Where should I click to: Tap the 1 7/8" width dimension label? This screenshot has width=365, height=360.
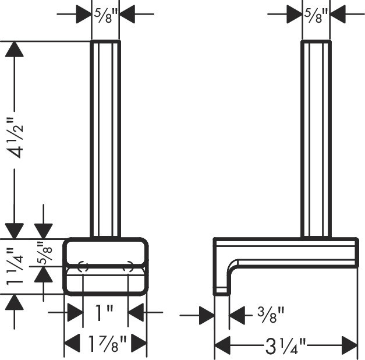coord(105,344)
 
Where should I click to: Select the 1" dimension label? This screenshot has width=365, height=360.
coord(105,315)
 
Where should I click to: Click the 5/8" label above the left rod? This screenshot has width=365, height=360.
coord(105,12)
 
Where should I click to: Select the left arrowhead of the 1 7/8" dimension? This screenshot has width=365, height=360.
coord(71,344)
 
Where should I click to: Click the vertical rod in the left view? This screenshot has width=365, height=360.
coord(105,140)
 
